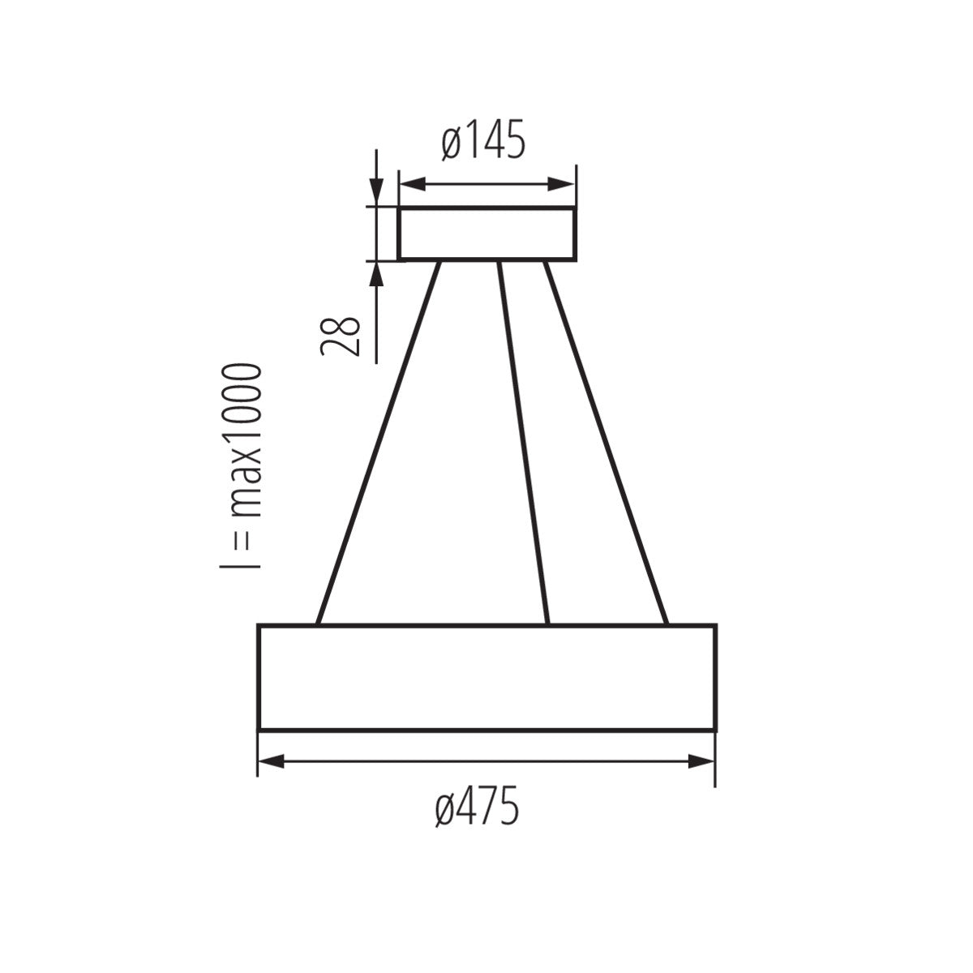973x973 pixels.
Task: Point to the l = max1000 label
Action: [x=242, y=466]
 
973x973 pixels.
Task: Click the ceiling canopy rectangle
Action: [x=486, y=234]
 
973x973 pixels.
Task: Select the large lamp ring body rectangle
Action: [x=486, y=677]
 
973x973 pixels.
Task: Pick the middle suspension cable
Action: [x=524, y=442]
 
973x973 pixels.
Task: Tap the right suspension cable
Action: [x=605, y=442]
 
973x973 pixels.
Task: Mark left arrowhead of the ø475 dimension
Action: [x=272, y=761]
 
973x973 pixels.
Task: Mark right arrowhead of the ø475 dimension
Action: [x=701, y=761]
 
